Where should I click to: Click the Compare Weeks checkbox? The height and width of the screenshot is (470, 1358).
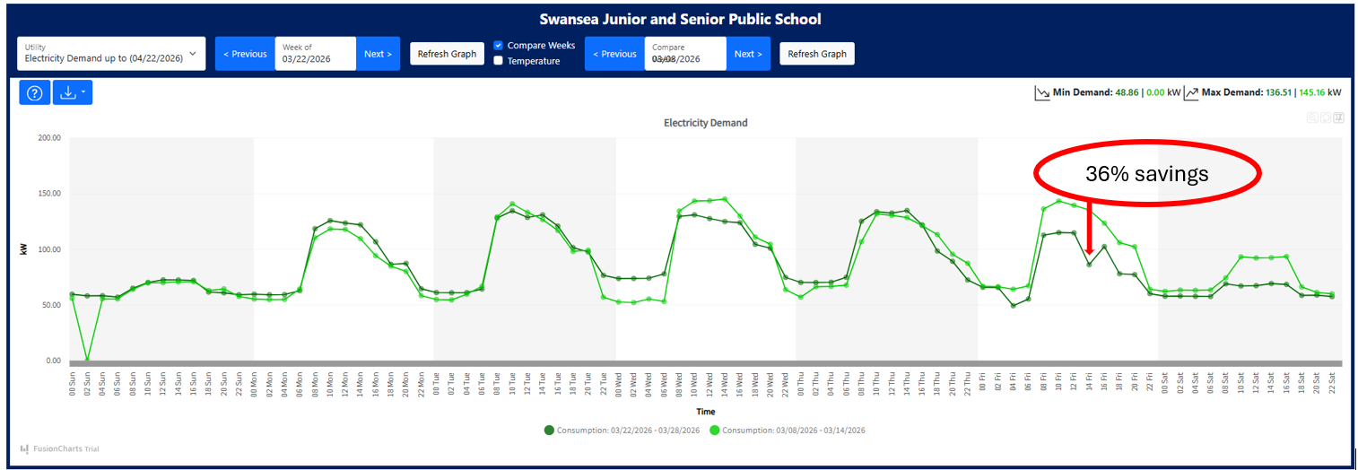(x=499, y=46)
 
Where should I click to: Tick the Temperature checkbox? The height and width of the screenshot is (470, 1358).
(x=499, y=61)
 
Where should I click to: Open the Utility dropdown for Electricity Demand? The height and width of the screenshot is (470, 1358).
(x=111, y=54)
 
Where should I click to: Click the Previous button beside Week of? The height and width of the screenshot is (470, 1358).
(x=245, y=54)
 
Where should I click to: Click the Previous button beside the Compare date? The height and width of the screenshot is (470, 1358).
(x=614, y=54)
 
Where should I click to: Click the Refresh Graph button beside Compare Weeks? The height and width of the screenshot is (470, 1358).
(x=447, y=54)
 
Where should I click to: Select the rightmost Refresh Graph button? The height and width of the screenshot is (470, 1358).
(x=816, y=54)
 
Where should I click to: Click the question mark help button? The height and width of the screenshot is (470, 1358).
(x=34, y=92)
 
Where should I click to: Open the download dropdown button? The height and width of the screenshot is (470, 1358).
(x=72, y=92)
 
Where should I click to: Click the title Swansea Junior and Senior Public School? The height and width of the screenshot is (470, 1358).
(x=680, y=19)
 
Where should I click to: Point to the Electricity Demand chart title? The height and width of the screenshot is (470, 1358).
(x=705, y=123)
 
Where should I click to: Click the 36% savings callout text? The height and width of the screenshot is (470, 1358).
(x=1146, y=175)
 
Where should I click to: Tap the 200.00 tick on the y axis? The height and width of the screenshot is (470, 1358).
(x=48, y=138)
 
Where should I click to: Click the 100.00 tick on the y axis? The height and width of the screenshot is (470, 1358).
(x=48, y=249)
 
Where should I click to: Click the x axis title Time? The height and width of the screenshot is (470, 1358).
(x=706, y=412)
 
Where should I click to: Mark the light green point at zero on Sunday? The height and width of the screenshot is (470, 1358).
(x=87, y=360)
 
